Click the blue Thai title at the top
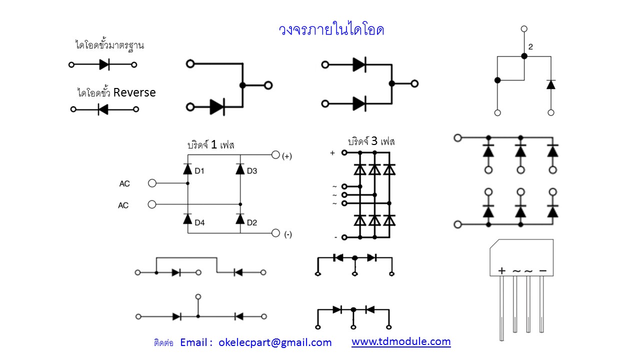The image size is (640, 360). tap(331, 30)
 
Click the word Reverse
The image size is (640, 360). tap(134, 92)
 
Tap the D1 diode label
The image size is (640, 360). tap(199, 171)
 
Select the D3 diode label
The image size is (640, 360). tap(252, 171)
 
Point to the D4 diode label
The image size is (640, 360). tap(199, 222)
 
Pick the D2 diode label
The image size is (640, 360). tap(252, 222)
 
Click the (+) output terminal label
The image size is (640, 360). tap(287, 156)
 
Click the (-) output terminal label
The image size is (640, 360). tap(287, 234)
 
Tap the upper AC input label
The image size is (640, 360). tap(124, 184)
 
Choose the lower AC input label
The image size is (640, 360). tap(123, 205)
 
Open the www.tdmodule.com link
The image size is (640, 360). tap(401, 341)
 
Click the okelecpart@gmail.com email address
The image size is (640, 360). tap(275, 342)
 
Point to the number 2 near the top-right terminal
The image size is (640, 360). tap(530, 47)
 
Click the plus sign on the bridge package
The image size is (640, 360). tap(502, 270)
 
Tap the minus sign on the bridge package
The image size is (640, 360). tap(542, 270)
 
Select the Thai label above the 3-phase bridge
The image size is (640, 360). tap(371, 141)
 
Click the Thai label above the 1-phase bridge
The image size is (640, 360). tap(210, 145)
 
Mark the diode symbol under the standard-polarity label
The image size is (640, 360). tap(104, 64)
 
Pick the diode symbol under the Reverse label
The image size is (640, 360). tap(103, 109)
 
